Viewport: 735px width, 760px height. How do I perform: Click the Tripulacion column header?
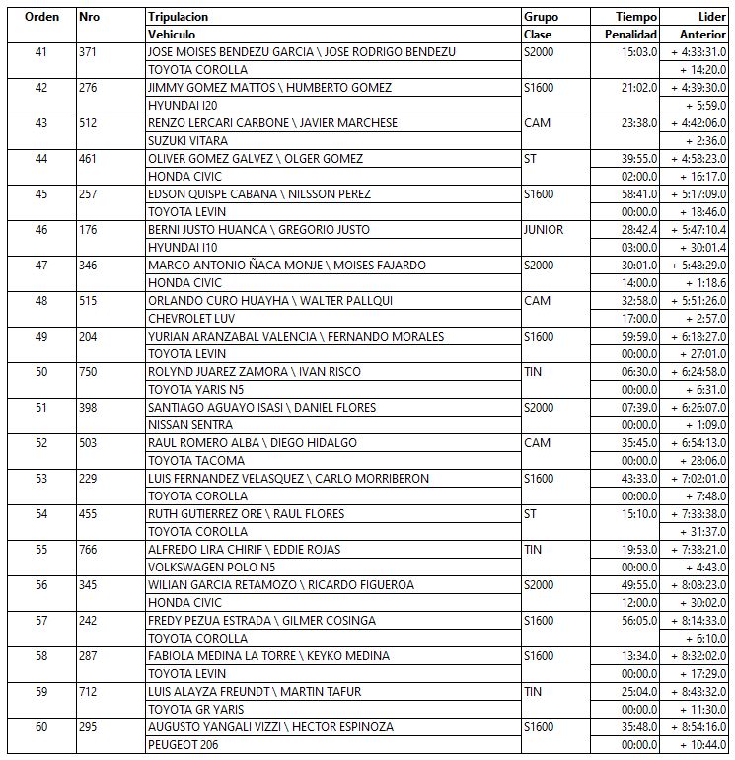tap(178, 17)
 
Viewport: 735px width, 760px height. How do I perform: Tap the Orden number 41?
tap(40, 52)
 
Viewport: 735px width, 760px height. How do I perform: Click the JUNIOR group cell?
tap(545, 230)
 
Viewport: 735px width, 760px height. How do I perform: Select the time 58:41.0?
tap(636, 194)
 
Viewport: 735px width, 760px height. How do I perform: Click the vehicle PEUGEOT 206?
tap(183, 745)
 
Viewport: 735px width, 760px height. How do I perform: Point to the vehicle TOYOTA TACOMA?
tap(195, 461)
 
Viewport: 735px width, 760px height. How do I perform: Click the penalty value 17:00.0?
tap(636, 319)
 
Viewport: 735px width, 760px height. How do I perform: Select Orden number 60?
tap(40, 727)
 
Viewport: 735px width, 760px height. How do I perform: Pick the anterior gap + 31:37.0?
tap(701, 532)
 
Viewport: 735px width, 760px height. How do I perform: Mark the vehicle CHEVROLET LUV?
tap(191, 319)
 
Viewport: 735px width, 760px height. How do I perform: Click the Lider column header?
tap(711, 17)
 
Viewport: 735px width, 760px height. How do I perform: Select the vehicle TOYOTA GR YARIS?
tap(195, 710)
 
